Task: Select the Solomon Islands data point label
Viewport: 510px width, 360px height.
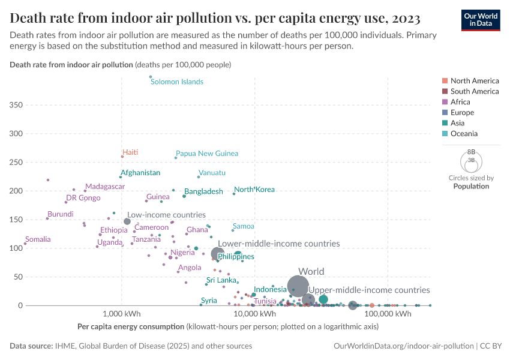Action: [x=176, y=82]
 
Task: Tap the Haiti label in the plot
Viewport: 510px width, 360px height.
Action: [x=130, y=152]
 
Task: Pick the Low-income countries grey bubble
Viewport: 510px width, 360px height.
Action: [x=127, y=221]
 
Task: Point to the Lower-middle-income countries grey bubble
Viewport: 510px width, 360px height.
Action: [x=218, y=254]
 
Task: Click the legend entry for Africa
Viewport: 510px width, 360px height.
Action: [x=460, y=102]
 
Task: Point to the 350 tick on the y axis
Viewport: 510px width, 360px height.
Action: [x=17, y=105]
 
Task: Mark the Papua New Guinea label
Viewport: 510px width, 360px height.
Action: [x=206, y=154]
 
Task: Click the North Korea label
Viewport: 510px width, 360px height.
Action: [x=254, y=190]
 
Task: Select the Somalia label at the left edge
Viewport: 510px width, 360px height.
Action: [x=38, y=239]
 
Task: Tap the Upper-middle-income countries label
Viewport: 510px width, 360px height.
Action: [x=369, y=290]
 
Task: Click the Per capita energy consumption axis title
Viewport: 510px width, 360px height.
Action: [x=130, y=327]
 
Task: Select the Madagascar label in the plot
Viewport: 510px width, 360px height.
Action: [x=105, y=187]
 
